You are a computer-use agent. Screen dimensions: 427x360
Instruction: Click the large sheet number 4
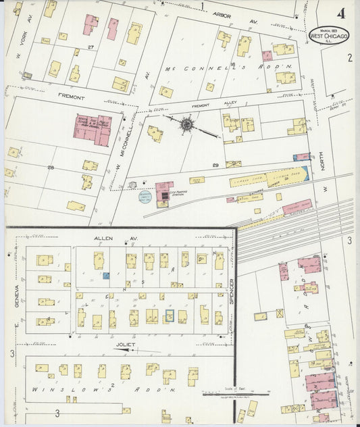click(341, 13)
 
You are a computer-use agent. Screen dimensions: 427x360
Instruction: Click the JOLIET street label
click(126, 345)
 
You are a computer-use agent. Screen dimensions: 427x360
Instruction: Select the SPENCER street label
click(231, 292)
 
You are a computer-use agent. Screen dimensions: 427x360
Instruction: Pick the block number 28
click(50, 167)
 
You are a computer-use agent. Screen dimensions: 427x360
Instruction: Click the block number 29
click(215, 166)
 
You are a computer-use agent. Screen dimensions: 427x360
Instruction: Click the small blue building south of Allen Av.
click(106, 275)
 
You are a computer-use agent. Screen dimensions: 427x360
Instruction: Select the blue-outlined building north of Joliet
click(169, 315)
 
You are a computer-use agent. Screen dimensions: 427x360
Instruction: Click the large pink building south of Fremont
click(93, 130)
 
